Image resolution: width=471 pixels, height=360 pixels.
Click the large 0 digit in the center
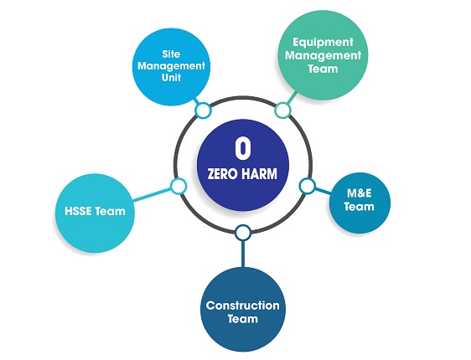[x=243, y=148]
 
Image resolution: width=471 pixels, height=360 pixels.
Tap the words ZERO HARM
[x=242, y=174]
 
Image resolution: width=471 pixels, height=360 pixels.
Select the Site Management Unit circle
[x=171, y=67]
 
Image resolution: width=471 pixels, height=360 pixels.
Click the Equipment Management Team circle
[x=323, y=55]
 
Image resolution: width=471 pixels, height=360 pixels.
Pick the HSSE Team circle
[x=95, y=213]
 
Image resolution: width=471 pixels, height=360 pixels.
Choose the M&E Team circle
[x=360, y=203]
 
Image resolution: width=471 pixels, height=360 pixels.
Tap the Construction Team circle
[x=243, y=310]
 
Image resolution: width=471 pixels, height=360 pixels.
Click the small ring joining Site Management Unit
[x=203, y=111]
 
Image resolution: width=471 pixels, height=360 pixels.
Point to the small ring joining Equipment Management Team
[x=282, y=111]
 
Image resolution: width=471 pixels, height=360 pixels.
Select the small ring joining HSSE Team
[x=179, y=186]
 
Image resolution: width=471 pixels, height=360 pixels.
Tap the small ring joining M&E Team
[x=307, y=186]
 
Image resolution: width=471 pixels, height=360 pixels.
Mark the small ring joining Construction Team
[x=243, y=233]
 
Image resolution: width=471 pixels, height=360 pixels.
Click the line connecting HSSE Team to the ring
[x=152, y=195]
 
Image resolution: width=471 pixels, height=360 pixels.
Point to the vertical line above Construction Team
[x=243, y=255]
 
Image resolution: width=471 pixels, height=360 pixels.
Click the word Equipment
[x=323, y=43]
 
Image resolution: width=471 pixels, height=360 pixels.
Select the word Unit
[x=171, y=78]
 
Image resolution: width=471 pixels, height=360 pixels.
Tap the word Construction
[x=243, y=306]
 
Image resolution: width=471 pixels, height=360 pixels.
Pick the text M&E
[x=360, y=193]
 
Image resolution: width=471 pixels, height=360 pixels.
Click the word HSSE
[x=78, y=211]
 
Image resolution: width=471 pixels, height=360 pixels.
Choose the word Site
[x=171, y=54]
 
